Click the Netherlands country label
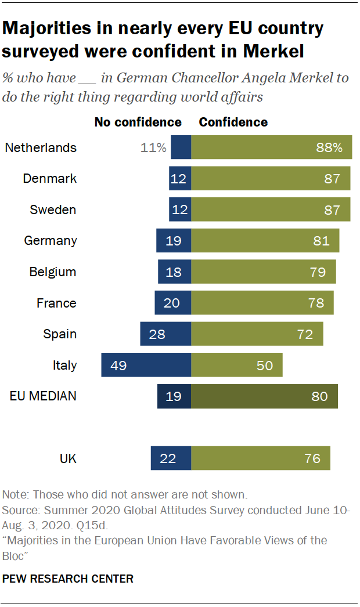(41, 147)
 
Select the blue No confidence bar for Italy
(146, 366)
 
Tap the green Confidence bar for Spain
(257, 334)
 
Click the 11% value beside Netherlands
(153, 147)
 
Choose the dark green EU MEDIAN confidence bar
(264, 397)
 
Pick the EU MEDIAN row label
(43, 397)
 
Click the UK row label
(68, 458)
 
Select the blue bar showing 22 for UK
(171, 458)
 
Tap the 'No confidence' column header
(138, 122)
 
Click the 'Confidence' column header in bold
(233, 122)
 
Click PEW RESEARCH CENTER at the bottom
(68, 579)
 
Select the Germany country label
(51, 241)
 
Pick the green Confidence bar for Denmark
(271, 179)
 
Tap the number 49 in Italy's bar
(118, 366)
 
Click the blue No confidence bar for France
(172, 303)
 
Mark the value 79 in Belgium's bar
(318, 272)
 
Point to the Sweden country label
(53, 209)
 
